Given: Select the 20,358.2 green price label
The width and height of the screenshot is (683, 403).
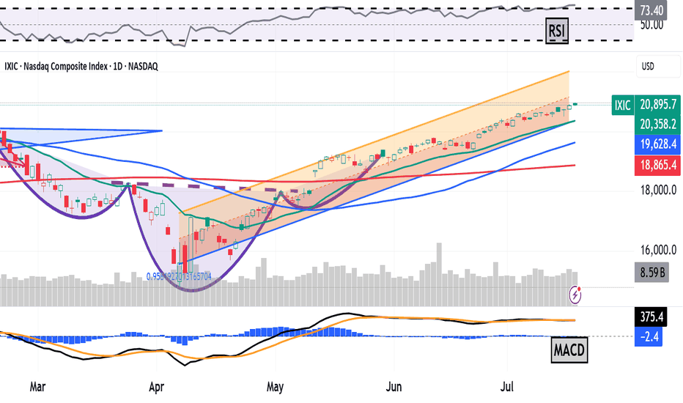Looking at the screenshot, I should point(657,123).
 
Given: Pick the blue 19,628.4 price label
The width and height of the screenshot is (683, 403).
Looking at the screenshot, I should point(657,143).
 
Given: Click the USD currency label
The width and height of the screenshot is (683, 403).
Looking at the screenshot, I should point(648,66).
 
